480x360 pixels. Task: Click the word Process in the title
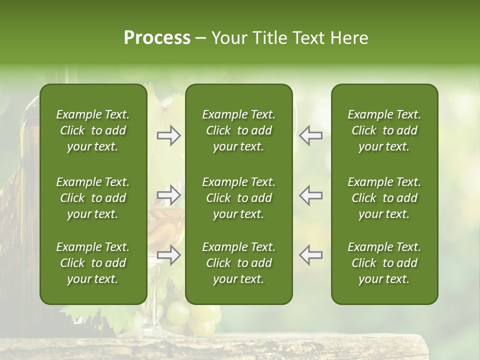[157, 38]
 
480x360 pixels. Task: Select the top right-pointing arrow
[169, 135]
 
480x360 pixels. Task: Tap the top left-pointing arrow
[311, 135]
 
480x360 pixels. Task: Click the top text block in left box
[93, 130]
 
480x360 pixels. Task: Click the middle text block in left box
[93, 198]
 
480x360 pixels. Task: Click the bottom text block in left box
[93, 263]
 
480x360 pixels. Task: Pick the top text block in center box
[238, 130]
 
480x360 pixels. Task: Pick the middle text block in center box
[238, 198]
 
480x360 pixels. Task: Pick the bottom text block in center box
[238, 263]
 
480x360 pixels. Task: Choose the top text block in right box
[384, 130]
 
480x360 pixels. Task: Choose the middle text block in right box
[384, 198]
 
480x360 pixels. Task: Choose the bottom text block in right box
[384, 263]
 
